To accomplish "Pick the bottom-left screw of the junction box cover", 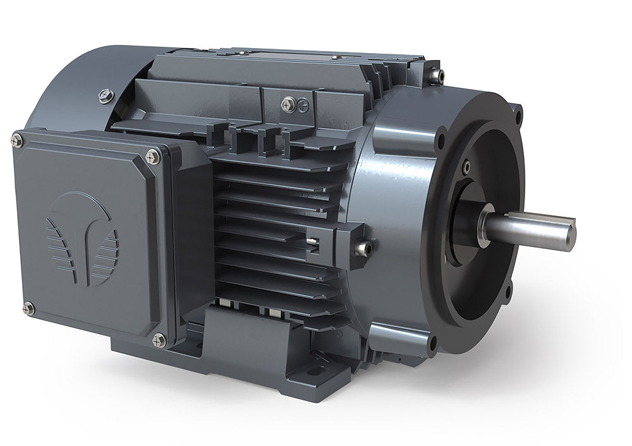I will tap(27, 308).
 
